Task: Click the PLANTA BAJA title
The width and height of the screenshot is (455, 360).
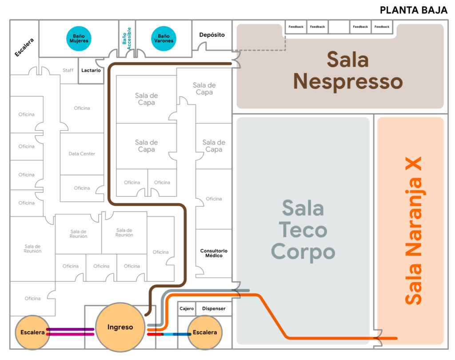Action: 413,10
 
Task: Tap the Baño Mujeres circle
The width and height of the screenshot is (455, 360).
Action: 79,38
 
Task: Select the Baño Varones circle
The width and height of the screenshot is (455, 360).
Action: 163,38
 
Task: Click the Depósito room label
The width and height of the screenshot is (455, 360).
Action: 212,35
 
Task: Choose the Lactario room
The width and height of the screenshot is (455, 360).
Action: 91,70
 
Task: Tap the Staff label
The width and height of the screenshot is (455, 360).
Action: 68,70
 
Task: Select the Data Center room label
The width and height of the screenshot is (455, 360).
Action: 82,154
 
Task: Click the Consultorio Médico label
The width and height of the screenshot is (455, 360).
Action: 214,253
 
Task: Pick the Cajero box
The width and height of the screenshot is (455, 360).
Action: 187,308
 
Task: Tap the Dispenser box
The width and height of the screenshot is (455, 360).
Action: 214,308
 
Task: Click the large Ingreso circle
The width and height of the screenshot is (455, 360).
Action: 120,327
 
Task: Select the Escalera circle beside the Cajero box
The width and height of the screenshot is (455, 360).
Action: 205,332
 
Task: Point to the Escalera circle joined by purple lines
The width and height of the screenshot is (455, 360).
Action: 32,332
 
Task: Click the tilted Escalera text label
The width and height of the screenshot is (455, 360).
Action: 24,47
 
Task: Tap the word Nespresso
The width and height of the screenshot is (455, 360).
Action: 347,82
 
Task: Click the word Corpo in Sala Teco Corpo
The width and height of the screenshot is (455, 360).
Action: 303,252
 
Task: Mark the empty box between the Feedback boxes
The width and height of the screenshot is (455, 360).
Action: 339,27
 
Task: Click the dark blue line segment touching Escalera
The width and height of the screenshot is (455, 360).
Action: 181,334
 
